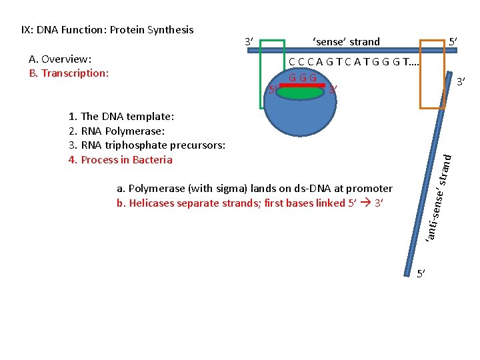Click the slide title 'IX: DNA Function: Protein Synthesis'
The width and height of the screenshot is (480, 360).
(x=107, y=30)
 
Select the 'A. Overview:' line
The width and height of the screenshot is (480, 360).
(x=60, y=59)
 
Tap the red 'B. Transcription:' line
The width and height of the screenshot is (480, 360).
(x=69, y=73)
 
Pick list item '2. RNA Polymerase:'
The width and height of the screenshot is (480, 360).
(x=117, y=131)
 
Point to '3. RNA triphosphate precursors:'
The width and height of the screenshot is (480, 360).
(x=147, y=145)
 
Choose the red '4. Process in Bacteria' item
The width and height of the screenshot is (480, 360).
(x=120, y=160)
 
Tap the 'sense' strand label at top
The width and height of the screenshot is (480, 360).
(x=346, y=42)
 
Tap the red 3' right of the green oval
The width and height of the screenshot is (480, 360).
(x=333, y=90)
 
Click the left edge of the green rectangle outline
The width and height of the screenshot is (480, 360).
(x=260, y=73)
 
